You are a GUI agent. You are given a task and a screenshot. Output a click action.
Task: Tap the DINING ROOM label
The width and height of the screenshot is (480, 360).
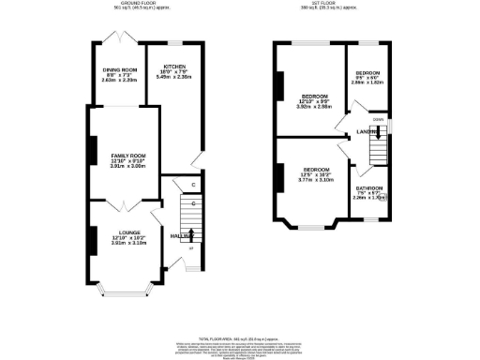click(x=120, y=70)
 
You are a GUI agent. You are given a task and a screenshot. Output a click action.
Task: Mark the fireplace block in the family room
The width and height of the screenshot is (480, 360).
click(x=92, y=150)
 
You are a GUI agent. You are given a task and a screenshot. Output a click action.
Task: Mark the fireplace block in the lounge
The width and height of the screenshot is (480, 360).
click(x=92, y=240)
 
